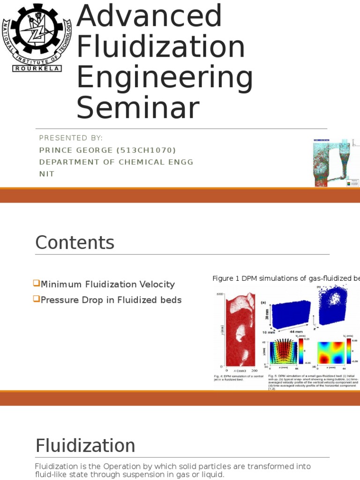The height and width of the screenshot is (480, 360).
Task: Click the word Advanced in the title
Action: pos(149,16)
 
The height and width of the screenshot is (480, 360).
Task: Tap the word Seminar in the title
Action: pos(138,108)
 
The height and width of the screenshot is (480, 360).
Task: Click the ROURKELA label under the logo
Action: pos(36,68)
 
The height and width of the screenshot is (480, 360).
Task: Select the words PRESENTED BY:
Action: pos(71,138)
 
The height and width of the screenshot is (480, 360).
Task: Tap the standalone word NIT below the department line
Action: pos(47,174)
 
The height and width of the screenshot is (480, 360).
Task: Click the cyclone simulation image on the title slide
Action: pos(335,163)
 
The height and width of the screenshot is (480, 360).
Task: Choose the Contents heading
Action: pos(75,243)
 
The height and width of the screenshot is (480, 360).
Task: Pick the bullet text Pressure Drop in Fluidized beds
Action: pos(111,300)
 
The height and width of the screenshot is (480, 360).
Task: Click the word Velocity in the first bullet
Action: pos(157,284)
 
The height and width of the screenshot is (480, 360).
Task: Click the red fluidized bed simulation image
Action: pos(241,330)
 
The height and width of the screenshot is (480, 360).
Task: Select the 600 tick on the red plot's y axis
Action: pos(219,294)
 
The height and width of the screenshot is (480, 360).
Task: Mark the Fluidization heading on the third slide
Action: pos(85,445)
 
